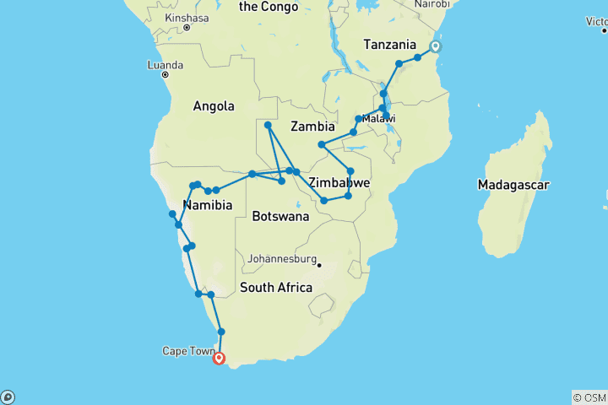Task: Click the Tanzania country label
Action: click(x=389, y=45)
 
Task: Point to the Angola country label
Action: click(x=214, y=106)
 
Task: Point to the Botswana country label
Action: click(x=280, y=216)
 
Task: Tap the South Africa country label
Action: click(x=275, y=288)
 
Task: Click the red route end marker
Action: click(x=220, y=358)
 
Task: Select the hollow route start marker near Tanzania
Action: click(x=436, y=47)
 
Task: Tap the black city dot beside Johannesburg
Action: click(x=320, y=265)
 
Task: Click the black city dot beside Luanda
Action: click(x=166, y=74)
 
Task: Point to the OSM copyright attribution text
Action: click(x=589, y=397)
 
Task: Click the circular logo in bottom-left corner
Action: click(x=8, y=397)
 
